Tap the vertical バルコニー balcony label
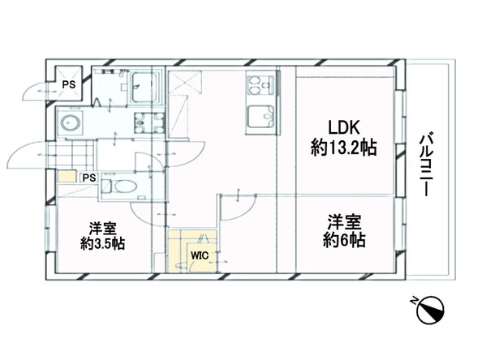pos(424,164)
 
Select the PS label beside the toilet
pos(88,178)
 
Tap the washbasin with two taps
pos(148,124)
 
